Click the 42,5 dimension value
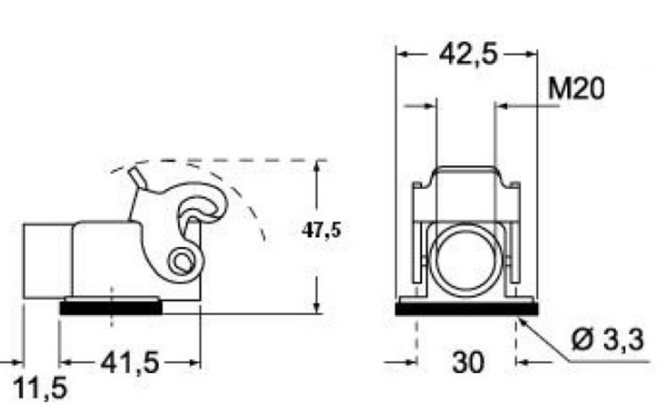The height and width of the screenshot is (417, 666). click(467, 55)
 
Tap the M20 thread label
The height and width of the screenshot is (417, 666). click(576, 89)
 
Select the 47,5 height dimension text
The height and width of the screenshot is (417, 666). click(321, 230)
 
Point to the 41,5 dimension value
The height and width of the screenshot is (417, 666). click(130, 364)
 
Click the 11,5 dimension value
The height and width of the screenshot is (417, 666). click(41, 388)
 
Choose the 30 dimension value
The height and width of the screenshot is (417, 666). click(468, 363)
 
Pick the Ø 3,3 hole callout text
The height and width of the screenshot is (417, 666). click(607, 340)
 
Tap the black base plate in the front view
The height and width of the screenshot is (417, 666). click(467, 309)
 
